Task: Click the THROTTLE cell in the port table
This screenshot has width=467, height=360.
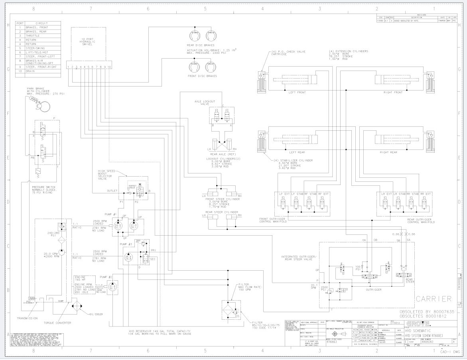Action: point(34,35)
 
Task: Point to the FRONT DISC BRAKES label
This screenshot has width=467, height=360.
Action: point(202,76)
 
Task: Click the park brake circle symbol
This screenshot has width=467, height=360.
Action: point(44,106)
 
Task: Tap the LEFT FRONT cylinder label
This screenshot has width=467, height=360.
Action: point(297,92)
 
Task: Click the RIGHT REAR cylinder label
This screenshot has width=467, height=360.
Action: point(388,152)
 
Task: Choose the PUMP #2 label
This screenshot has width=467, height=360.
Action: point(106,277)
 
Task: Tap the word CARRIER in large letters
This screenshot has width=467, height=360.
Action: point(434,298)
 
